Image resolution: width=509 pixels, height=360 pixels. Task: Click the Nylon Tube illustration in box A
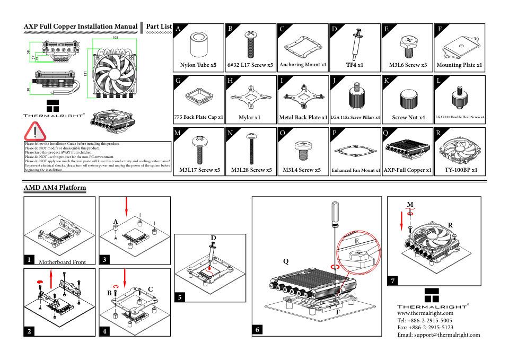pos(199,45)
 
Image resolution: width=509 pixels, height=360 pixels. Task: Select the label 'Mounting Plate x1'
pos(459,65)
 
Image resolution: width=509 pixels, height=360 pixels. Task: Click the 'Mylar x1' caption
pos(249,117)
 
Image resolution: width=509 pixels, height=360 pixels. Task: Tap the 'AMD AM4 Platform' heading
pos(55,188)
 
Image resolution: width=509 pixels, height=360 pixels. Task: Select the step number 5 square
pos(180,297)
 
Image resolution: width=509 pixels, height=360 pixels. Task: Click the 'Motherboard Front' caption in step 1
pos(62,261)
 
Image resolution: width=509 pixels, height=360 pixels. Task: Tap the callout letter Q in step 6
pos(286,261)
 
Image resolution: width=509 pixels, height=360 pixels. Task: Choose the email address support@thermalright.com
pos(438,335)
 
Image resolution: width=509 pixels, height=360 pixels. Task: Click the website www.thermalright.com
pos(425,313)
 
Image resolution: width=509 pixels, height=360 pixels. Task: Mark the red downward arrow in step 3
pos(126,206)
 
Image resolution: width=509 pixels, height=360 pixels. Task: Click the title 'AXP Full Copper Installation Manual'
pos(81,27)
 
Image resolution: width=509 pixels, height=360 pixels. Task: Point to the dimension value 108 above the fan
pos(115,37)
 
